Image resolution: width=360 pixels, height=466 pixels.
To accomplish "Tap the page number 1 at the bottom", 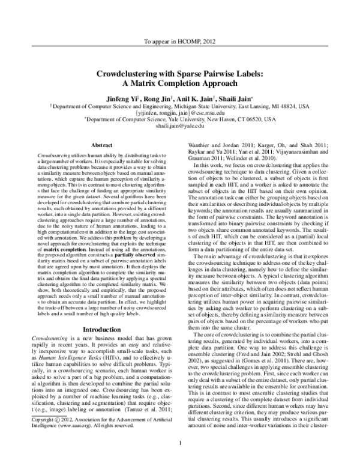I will [x=180, y=460].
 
